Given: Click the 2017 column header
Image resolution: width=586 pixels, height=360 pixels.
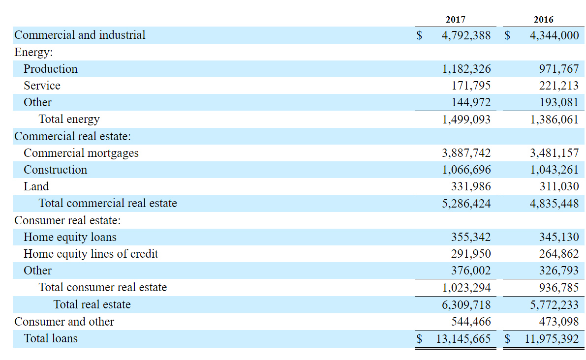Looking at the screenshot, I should point(455,20).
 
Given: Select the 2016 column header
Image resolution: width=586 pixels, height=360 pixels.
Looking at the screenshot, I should point(543,20).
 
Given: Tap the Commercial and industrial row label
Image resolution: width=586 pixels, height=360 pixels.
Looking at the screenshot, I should point(80,35).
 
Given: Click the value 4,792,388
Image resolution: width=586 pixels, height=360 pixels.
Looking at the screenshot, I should point(466,35).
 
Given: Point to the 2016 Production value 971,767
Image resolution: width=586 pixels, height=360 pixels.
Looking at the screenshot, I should point(558,69).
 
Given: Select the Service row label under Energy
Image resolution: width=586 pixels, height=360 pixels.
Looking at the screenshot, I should point(42,86).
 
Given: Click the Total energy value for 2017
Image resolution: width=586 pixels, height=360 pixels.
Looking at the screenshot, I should point(466,119).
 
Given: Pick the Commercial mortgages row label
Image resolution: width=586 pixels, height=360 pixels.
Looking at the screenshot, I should point(81,153).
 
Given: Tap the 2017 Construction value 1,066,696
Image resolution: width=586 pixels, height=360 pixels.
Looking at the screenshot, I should point(466,170).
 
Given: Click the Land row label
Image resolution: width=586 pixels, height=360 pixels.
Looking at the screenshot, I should point(36,186).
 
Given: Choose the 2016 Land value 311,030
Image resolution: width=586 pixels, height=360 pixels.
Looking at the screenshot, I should point(558,186).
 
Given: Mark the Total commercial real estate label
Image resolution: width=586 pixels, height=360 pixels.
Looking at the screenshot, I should point(108,203).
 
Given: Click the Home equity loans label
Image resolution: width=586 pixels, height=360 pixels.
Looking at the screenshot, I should point(70,237).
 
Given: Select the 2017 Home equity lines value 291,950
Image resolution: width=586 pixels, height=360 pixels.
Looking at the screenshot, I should point(470,254).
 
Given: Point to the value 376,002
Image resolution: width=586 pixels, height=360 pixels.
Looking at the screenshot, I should point(470,270).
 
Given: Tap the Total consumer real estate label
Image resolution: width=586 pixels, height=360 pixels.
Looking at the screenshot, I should point(103,287).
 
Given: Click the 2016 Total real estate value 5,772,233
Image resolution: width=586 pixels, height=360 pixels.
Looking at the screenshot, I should point(554,304).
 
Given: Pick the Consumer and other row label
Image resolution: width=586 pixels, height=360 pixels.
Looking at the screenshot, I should point(64,322).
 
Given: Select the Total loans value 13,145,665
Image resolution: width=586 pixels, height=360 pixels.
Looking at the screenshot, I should point(463,338).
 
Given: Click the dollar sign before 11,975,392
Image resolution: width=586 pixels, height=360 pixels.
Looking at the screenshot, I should point(508,338).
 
